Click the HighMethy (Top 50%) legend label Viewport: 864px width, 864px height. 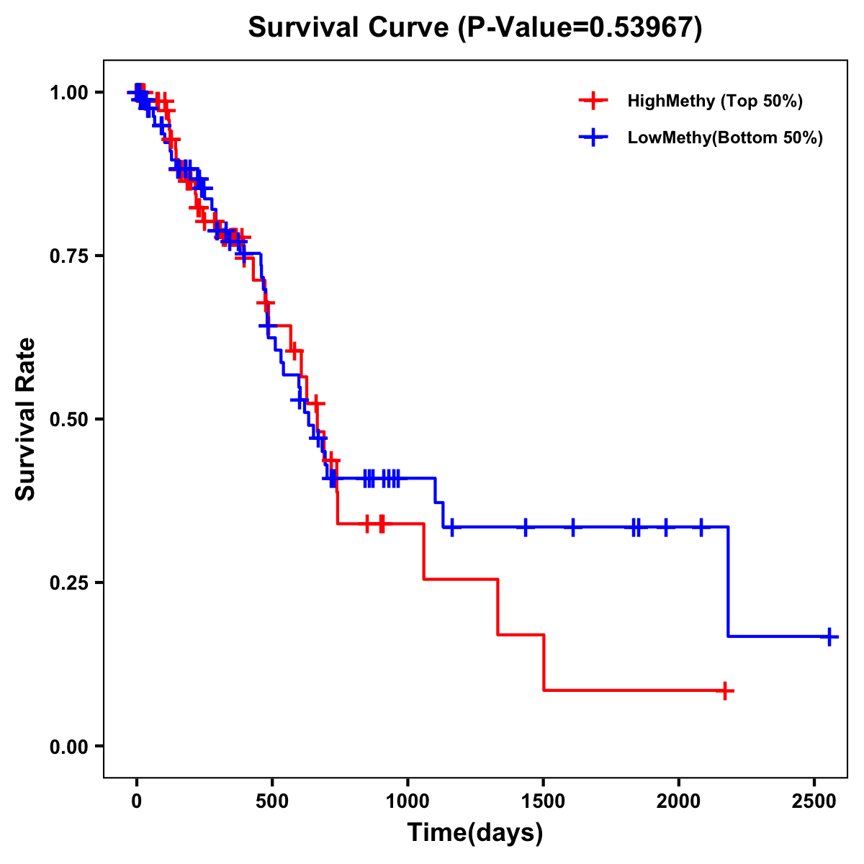(x=714, y=101)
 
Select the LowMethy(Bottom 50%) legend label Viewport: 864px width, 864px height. (x=724, y=138)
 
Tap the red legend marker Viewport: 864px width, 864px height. (x=593, y=101)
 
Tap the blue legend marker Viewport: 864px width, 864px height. (x=593, y=138)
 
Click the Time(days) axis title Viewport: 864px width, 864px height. (x=475, y=833)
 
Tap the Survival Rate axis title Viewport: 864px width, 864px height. (x=26, y=419)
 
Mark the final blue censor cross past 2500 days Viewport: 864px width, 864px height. (x=829, y=637)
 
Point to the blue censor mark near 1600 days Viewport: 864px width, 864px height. (x=573, y=527)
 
